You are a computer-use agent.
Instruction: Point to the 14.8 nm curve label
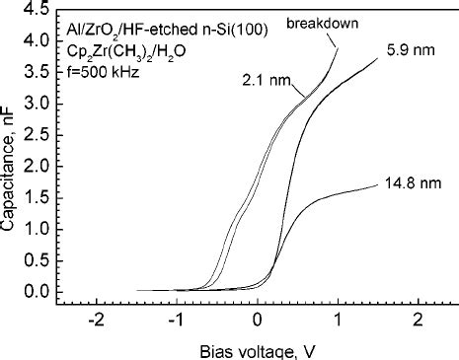[407, 182]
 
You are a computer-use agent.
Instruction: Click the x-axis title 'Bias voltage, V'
[258, 348]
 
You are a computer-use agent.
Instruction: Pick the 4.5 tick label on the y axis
[37, 11]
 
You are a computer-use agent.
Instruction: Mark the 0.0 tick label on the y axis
[37, 291]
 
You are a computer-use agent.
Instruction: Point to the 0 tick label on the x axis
[258, 322]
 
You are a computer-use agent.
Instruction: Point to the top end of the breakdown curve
[338, 48]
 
